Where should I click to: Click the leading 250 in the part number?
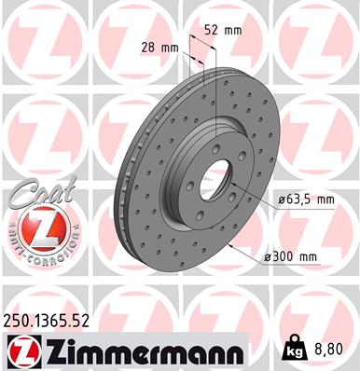(19, 319)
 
